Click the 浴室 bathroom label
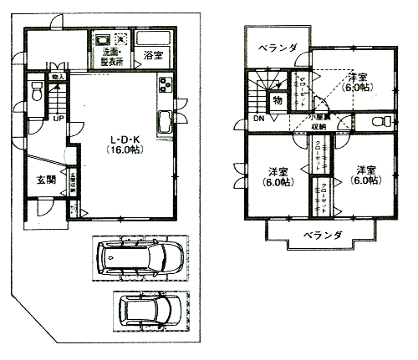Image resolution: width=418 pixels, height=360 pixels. tap(152, 57)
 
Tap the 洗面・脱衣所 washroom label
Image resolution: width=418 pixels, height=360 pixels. tap(108, 57)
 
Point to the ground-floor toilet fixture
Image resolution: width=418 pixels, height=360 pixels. tap(35, 95)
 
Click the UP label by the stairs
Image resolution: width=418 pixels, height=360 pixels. tap(57, 119)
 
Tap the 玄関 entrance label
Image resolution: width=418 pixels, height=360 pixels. tap(45, 180)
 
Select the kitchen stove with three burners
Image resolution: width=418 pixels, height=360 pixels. tap(162, 85)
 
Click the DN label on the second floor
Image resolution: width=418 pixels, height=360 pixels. tap(260, 119)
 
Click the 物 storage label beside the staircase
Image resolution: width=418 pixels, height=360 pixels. tap(277, 100)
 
